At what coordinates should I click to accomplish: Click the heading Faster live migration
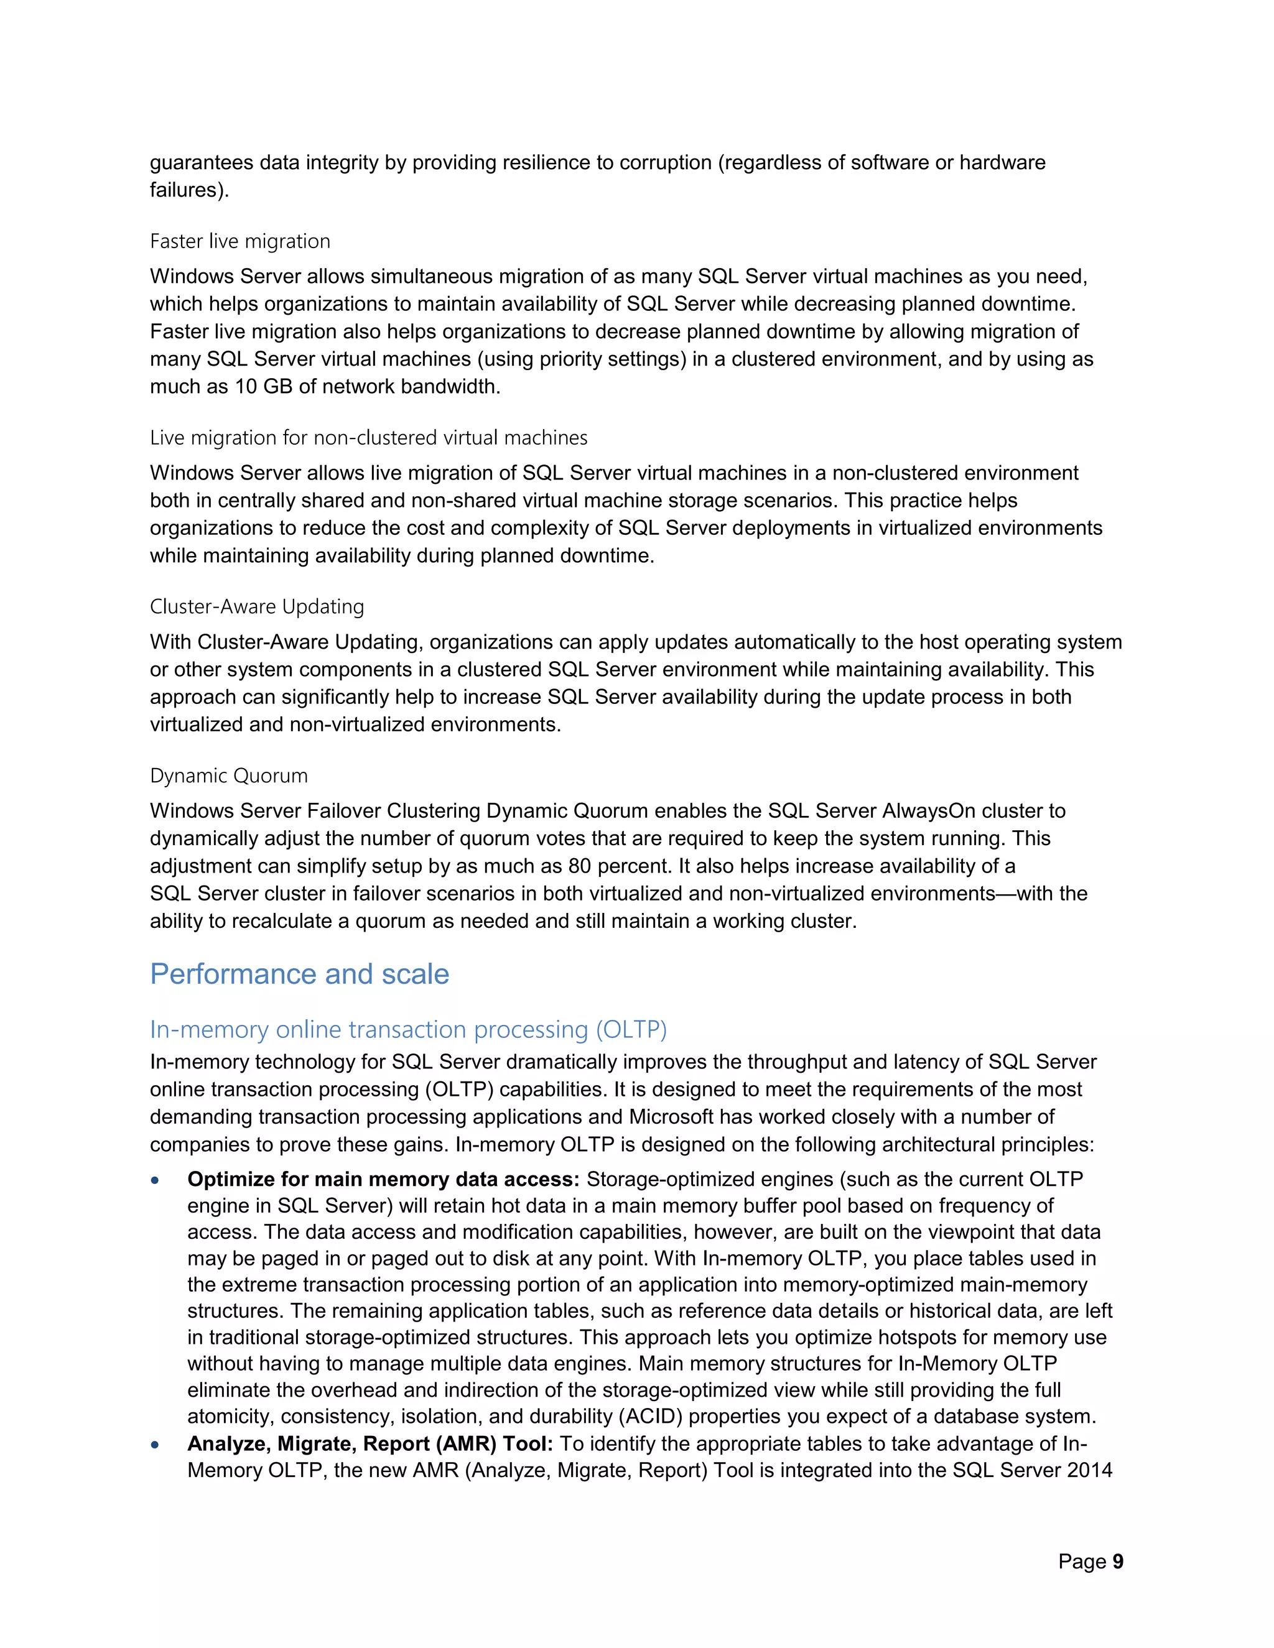click(240, 241)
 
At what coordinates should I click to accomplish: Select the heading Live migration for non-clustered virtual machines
click(368, 438)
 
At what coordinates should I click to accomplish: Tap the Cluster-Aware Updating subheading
click(257, 607)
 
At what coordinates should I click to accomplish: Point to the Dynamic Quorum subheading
click(229, 775)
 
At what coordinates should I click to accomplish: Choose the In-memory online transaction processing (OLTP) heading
click(407, 1029)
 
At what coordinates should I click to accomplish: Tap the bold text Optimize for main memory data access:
click(383, 1179)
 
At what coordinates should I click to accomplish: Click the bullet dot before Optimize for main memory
click(155, 1180)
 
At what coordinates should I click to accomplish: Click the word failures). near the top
click(188, 190)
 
